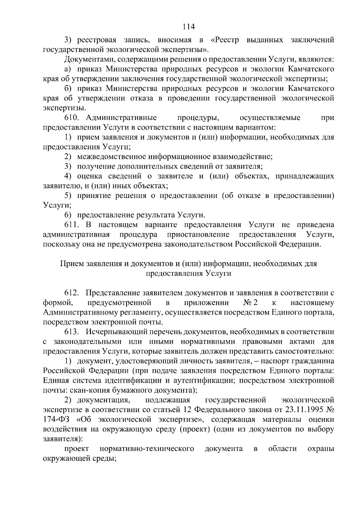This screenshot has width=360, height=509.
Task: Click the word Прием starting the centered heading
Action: click(x=72, y=264)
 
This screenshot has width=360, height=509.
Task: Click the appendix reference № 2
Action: click(x=251, y=303)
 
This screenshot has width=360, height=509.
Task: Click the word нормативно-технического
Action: click(x=147, y=449)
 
